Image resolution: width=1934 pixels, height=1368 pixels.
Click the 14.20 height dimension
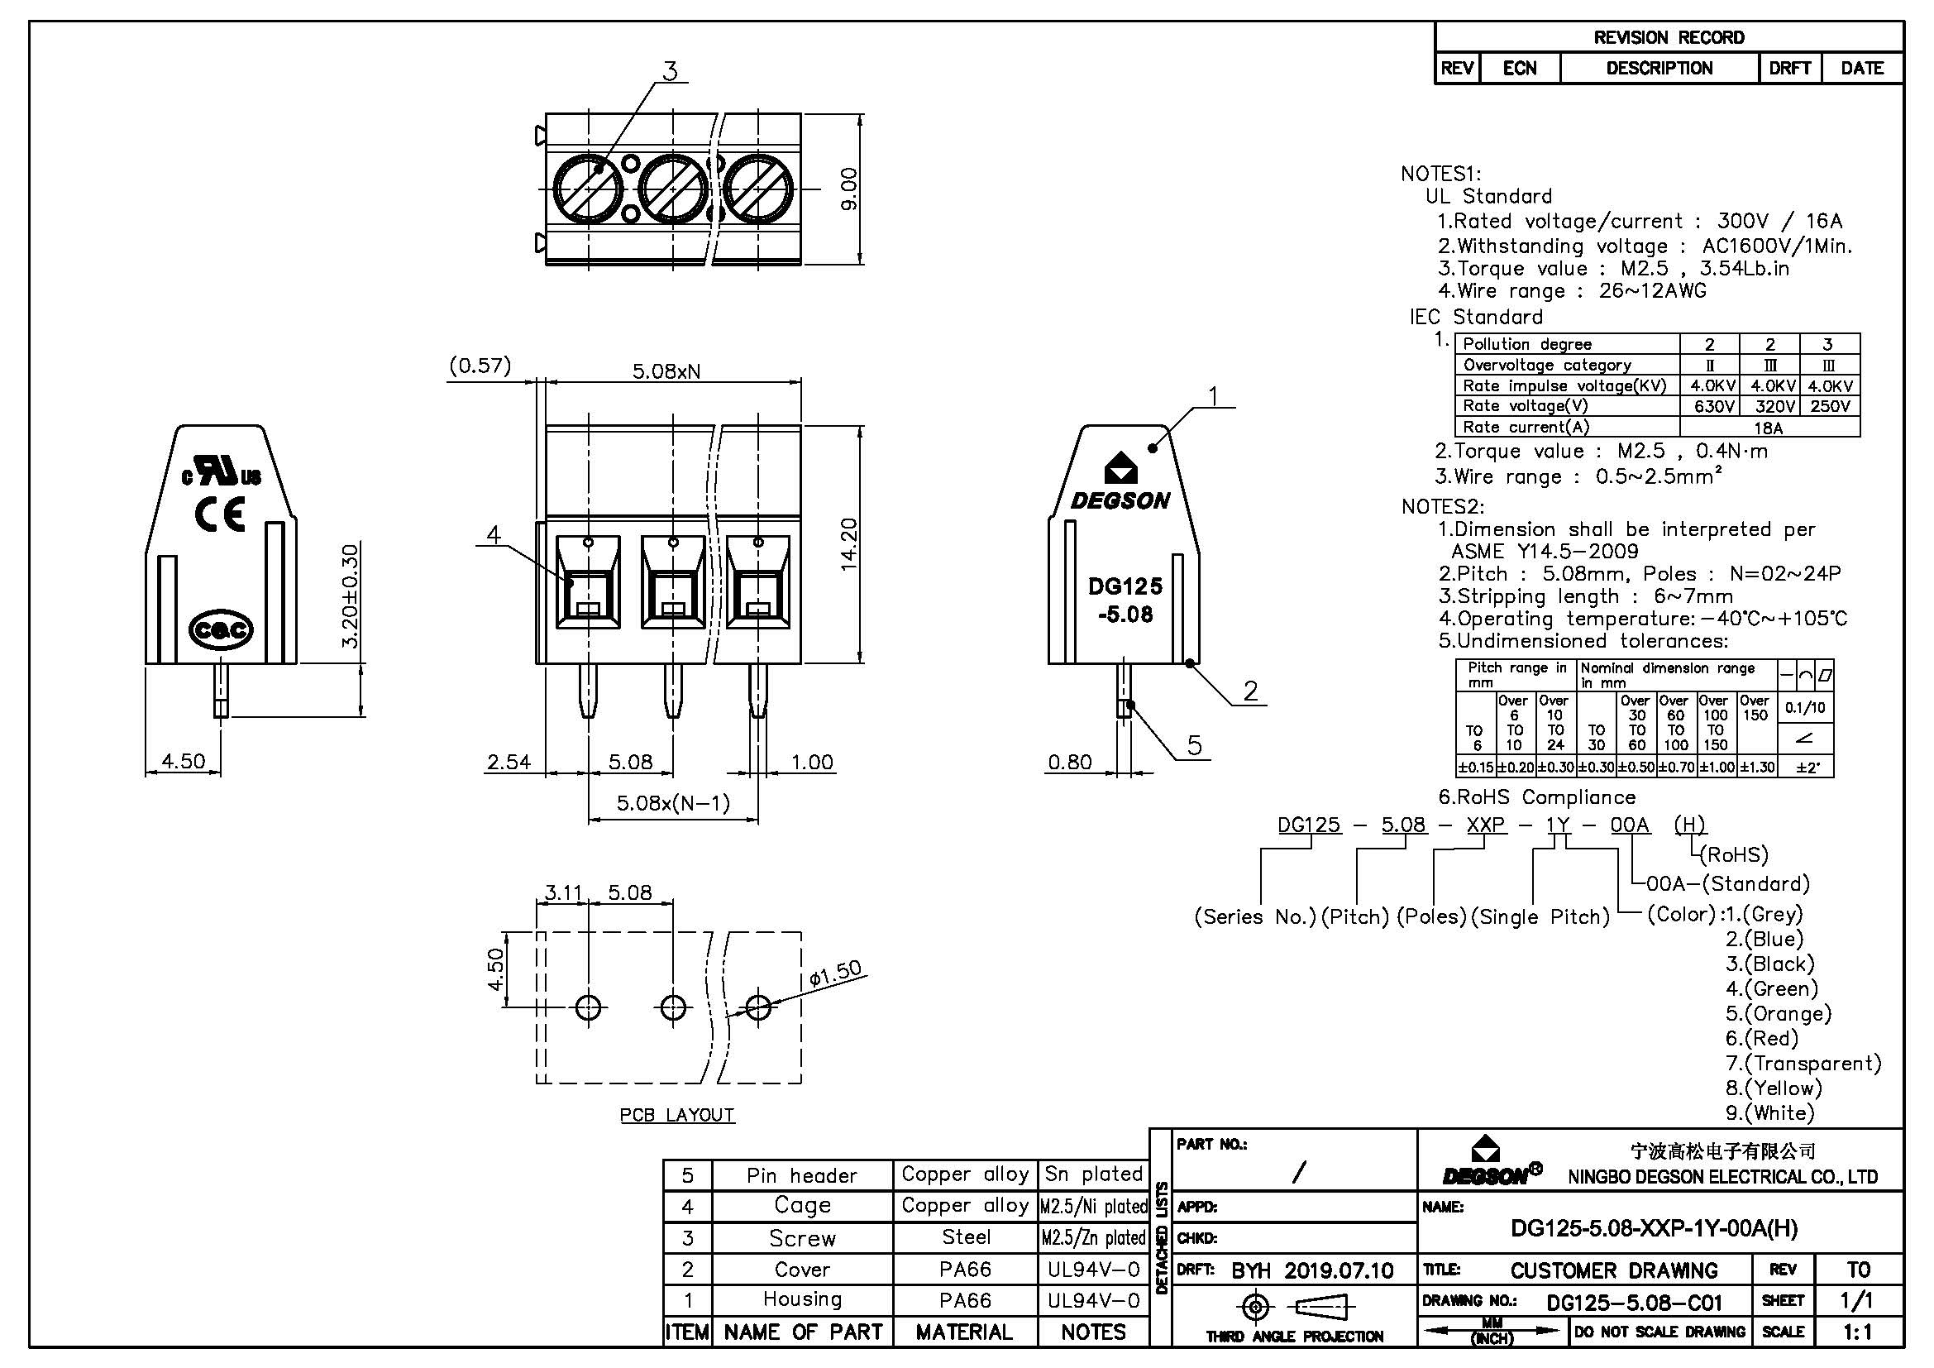click(x=848, y=545)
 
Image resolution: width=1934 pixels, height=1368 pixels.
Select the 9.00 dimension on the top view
click(x=848, y=189)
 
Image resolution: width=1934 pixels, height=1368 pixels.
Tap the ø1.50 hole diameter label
click(x=835, y=973)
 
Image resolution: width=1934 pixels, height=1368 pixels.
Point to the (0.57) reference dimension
click(x=480, y=366)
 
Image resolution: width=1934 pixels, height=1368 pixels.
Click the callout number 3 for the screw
click(x=670, y=72)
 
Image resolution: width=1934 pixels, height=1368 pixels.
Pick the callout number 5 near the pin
click(x=1195, y=744)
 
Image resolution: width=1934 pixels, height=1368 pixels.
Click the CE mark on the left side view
click(x=221, y=513)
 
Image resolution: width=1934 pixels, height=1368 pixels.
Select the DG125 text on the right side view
click(x=1125, y=586)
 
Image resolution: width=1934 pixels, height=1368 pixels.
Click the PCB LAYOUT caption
click(x=677, y=1114)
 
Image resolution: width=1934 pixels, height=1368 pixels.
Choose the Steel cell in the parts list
click(x=965, y=1236)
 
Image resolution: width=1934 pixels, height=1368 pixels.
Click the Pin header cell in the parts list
click(x=801, y=1175)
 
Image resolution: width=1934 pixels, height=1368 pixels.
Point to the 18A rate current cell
click(x=1768, y=427)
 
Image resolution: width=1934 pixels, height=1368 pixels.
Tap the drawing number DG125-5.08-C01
click(x=1634, y=1303)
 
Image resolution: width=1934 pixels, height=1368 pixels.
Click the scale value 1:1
click(x=1857, y=1332)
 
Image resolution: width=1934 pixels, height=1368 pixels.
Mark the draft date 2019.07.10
click(x=1339, y=1270)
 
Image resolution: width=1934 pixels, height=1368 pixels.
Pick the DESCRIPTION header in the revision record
click(x=1659, y=68)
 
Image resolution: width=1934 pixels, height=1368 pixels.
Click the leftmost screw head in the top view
click(x=587, y=189)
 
